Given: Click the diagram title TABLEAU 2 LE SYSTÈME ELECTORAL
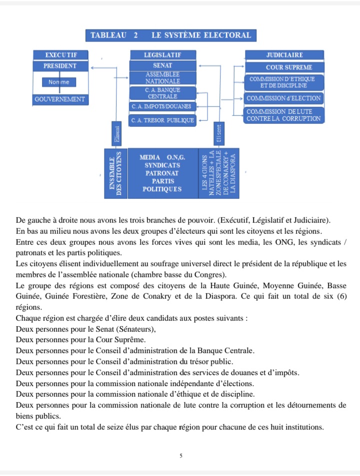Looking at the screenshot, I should coord(171,35).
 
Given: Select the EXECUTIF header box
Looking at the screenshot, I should coord(60,54).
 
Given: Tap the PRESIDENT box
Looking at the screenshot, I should coord(60,66).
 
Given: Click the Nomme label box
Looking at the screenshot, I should coord(59,82).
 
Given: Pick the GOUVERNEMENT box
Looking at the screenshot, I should coord(60,99).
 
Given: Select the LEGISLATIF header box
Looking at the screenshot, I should coord(162,54).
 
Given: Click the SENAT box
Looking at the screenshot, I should coord(162,66).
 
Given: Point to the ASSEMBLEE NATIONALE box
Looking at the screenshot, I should coord(162,77).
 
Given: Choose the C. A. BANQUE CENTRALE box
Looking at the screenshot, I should coord(162,93).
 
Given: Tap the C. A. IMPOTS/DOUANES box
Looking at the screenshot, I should coord(162,106).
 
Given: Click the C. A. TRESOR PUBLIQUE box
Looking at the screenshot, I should coord(162,120).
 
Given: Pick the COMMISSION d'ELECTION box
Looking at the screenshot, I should coord(284,98).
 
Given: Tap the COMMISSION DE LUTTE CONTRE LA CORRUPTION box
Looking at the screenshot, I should coord(283,115).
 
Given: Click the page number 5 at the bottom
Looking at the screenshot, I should coord(180,455).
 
